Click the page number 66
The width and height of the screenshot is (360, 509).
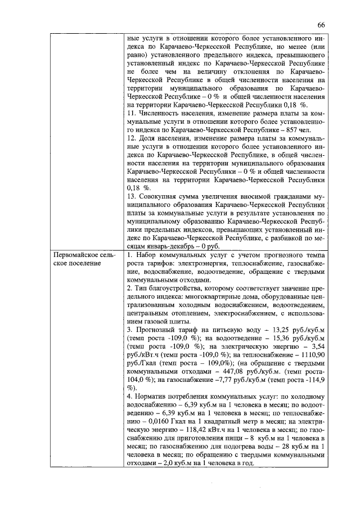click(322, 25)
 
